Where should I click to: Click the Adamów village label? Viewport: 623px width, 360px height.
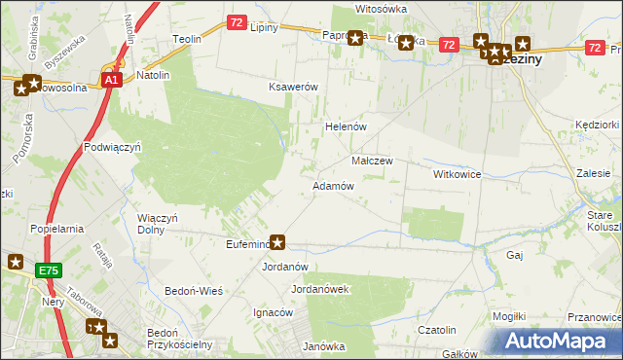point(332,185)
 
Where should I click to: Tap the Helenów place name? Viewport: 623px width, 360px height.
point(344,126)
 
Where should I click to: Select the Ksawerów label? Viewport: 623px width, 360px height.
point(294,87)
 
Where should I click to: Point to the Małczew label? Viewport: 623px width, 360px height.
point(371,161)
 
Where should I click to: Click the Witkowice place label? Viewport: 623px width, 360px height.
point(458,173)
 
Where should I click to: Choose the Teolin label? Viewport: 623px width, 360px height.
point(187,39)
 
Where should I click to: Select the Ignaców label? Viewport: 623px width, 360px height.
point(274,312)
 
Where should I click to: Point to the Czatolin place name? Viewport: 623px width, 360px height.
point(437,331)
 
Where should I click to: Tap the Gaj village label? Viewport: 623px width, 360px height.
point(515,254)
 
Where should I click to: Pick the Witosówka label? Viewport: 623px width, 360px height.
point(381,8)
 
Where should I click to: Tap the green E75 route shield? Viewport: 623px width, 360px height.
point(51,270)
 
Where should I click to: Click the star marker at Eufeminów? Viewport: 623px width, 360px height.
point(277,242)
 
